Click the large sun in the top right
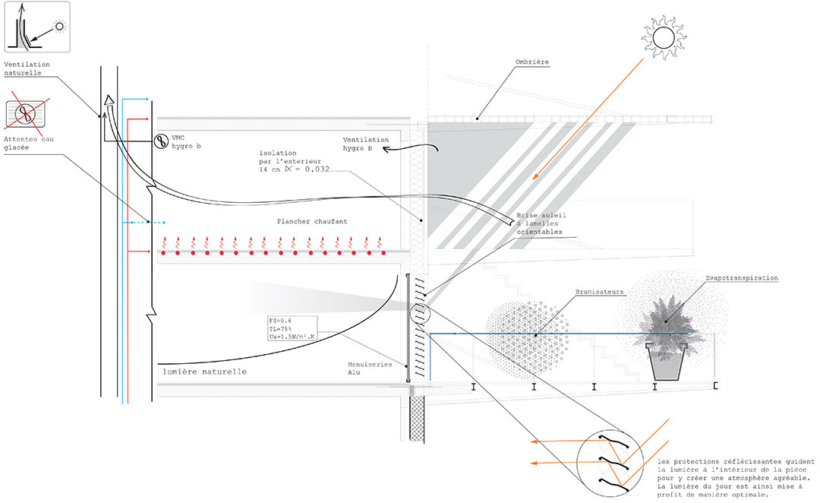(664, 38)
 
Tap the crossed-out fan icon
(25, 113)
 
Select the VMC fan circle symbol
(161, 141)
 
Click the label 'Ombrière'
(531, 62)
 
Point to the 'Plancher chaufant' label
(312, 221)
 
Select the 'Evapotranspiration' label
(742, 278)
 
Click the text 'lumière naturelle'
(204, 372)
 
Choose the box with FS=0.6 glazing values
(292, 329)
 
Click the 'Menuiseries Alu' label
(370, 369)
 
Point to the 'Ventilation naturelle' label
(27, 68)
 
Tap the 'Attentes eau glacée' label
(29, 144)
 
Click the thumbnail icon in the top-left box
(37, 27)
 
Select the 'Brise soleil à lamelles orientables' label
(541, 223)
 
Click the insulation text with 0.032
(295, 161)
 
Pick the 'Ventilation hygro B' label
(365, 144)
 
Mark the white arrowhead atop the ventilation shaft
(109, 100)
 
